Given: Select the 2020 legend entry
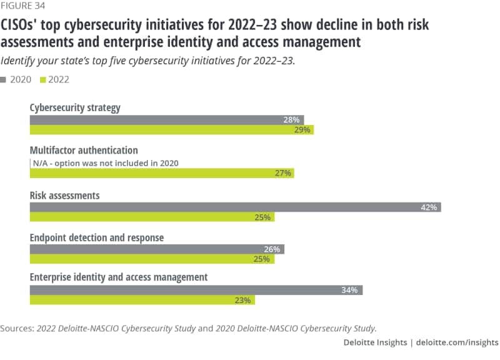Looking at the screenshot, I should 20,79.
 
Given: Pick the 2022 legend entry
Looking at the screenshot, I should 54,79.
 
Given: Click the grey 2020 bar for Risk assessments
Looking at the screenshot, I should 235,207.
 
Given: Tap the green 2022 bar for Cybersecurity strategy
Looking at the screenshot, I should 171,129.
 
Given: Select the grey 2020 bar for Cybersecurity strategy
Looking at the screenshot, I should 167,119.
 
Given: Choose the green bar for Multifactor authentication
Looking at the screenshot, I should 162,173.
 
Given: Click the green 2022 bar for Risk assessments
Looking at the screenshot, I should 152,217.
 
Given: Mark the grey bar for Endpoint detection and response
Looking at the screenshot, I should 157,249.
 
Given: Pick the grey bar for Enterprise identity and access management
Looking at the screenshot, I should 196,290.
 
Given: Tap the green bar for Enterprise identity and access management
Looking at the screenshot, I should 142,300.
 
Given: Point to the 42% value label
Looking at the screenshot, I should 429,207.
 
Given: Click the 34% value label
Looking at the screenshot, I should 349,290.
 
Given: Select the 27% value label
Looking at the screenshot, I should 283,173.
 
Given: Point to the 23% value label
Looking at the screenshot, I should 243,300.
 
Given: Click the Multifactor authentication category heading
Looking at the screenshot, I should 84,151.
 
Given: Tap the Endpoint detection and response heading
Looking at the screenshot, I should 97,237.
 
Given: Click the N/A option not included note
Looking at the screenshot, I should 106,163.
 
